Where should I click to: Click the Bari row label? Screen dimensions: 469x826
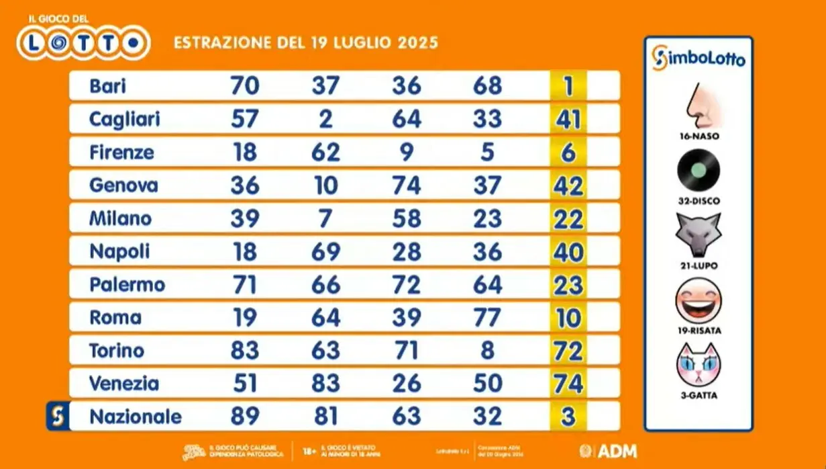(108, 86)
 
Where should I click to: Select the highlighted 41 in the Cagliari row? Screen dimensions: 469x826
(568, 120)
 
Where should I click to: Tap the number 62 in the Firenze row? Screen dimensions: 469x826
(325, 153)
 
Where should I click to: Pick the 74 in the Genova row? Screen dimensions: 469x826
(407, 185)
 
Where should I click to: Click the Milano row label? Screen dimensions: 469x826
(121, 218)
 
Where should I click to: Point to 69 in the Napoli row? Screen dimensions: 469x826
(325, 252)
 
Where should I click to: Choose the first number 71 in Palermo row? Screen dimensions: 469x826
(244, 285)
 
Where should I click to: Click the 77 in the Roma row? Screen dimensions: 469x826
(487, 318)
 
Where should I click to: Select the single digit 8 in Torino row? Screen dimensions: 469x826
(488, 351)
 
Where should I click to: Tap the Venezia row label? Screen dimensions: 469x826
(124, 384)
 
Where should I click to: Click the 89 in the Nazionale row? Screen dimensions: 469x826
(244, 417)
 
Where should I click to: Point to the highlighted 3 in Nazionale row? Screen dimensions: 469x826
(568, 417)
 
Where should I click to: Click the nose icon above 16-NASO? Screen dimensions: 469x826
(699, 106)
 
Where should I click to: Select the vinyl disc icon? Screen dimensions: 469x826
(699, 171)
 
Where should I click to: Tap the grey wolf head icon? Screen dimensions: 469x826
(699, 235)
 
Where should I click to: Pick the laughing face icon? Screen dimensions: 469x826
(699, 300)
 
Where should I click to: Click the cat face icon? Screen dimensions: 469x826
(699, 365)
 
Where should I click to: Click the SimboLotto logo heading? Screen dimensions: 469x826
(699, 58)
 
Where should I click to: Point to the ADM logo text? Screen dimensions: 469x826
(617, 451)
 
